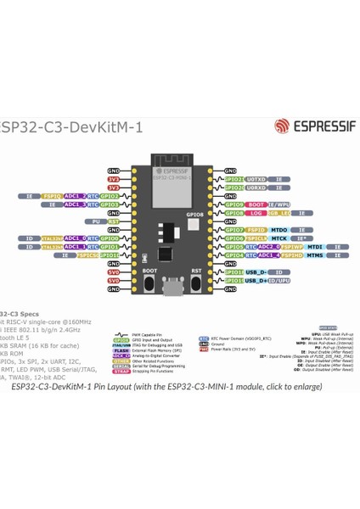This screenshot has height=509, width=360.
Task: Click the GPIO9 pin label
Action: coord(234,204)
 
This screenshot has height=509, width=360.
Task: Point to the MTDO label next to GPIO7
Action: coord(279,229)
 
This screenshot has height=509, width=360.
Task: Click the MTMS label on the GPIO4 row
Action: coord(313,255)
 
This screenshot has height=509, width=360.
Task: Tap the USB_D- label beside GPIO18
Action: coord(257,271)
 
